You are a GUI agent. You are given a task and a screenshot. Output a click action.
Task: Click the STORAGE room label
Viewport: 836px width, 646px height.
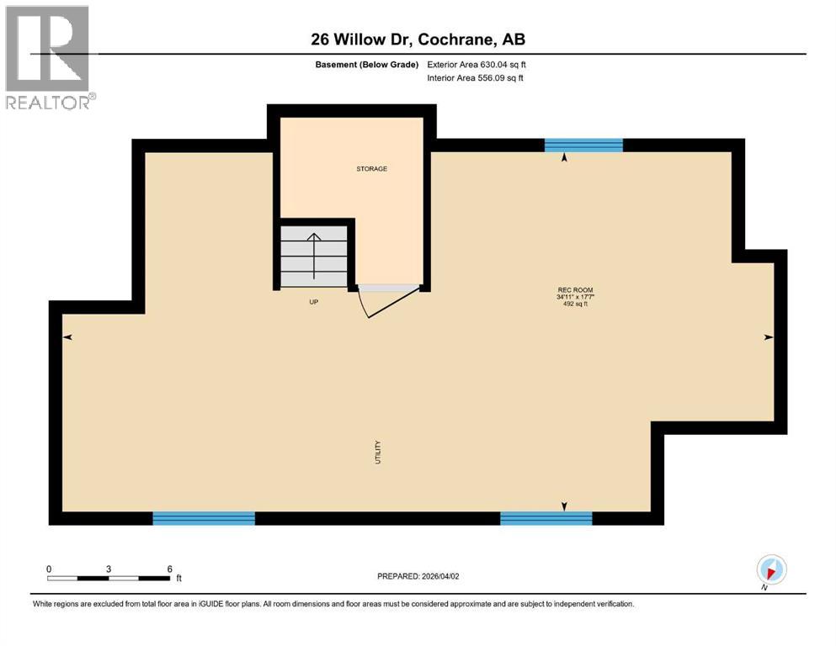(371, 169)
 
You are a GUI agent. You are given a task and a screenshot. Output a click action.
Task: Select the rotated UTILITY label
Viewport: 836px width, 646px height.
(379, 453)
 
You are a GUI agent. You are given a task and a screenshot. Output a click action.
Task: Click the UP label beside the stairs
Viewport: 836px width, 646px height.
(313, 301)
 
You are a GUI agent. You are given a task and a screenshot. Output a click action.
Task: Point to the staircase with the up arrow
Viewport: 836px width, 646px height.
(313, 256)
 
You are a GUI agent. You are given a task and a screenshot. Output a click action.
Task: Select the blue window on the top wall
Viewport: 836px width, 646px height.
(583, 146)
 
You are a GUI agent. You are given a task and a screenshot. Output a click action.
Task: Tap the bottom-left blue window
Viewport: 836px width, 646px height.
(204, 518)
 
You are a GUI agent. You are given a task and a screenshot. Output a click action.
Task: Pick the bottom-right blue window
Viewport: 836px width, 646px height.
(546, 518)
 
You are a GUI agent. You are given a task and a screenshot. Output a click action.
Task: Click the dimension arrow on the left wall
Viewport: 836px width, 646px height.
(67, 337)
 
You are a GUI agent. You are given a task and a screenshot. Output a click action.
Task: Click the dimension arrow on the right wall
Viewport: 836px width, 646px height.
(768, 337)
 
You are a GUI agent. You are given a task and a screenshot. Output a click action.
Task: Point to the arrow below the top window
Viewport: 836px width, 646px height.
(564, 157)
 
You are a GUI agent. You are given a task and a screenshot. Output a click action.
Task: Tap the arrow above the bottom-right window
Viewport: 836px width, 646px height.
(564, 506)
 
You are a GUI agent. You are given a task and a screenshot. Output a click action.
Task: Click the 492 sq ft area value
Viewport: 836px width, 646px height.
(574, 304)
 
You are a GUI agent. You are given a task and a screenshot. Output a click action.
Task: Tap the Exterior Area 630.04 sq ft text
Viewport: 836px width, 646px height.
(477, 65)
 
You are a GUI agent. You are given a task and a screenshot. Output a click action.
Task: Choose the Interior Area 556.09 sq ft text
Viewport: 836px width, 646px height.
(476, 79)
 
